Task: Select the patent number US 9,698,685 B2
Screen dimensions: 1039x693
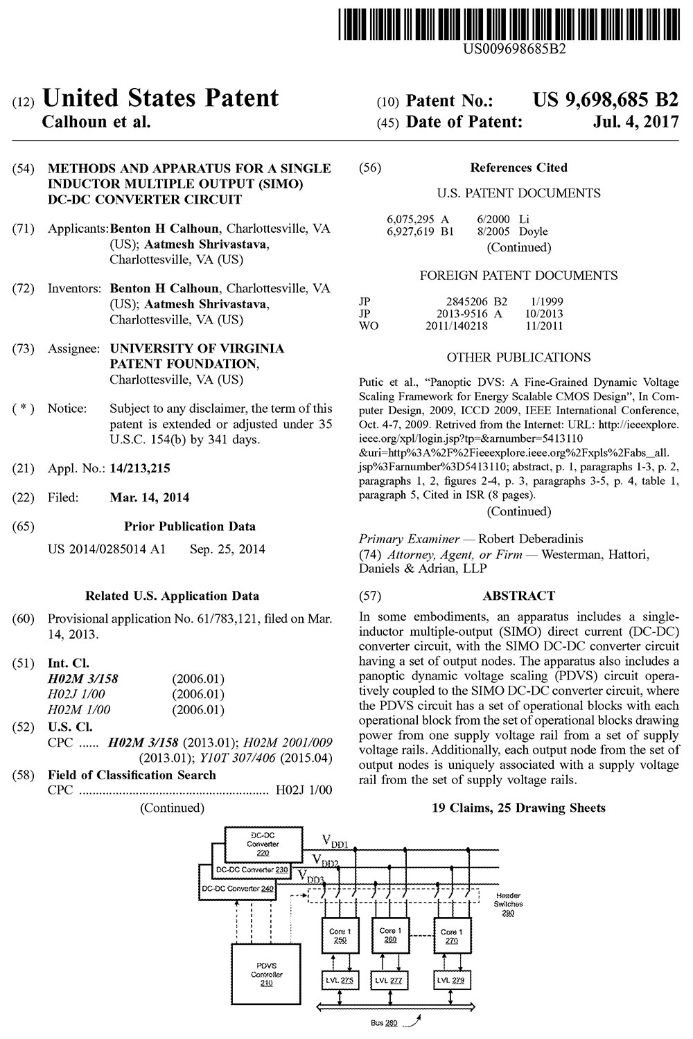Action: [606, 100]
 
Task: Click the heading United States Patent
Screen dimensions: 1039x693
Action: [161, 98]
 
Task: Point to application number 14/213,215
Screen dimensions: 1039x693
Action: [140, 468]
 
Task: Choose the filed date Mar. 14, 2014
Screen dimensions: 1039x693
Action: [149, 497]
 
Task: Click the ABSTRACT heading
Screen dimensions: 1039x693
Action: [519, 596]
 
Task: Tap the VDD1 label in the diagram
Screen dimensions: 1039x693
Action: [335, 841]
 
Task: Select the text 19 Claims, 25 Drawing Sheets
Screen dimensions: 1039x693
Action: [518, 808]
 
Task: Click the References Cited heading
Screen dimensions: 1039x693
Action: [518, 168]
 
